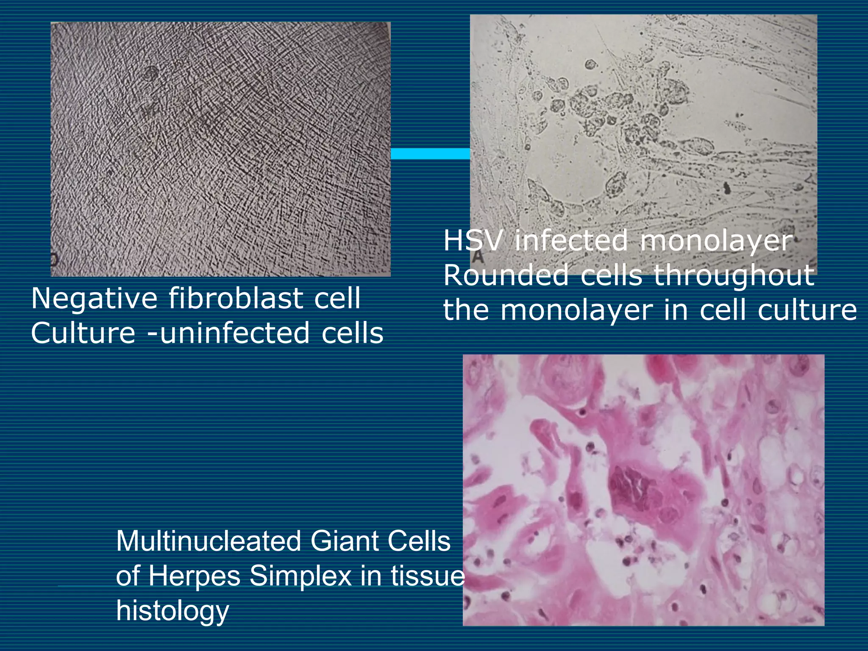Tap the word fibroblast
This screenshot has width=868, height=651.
(235, 298)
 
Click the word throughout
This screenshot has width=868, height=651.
(733, 275)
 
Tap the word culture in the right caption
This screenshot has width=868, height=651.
(807, 310)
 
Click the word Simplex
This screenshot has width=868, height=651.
(300, 576)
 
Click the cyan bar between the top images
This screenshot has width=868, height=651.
(430, 154)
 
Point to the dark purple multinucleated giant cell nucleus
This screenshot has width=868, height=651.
(632, 485)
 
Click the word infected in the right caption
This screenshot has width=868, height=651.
(571, 241)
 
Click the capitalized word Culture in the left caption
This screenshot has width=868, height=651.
(83, 333)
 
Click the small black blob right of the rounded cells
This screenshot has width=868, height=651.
(726, 187)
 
